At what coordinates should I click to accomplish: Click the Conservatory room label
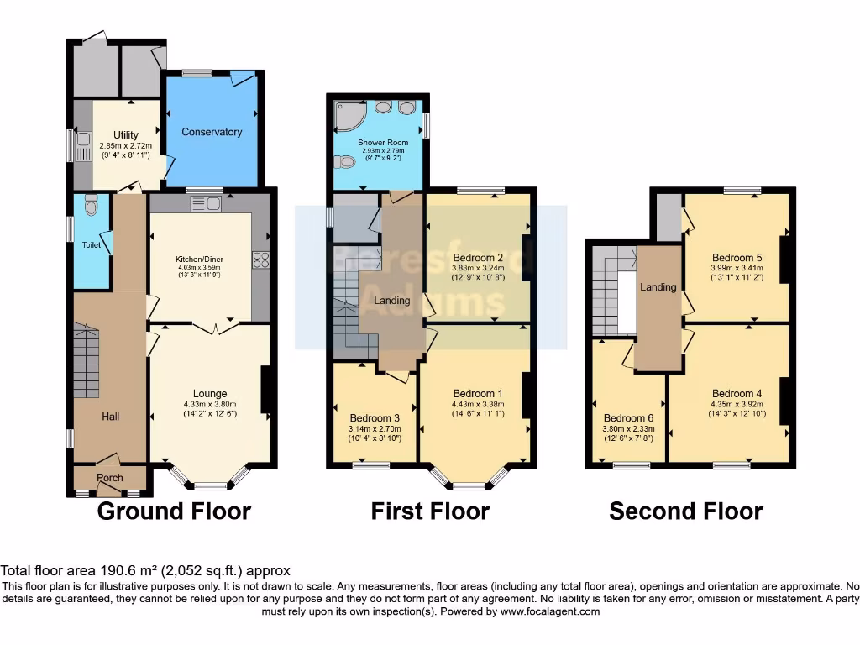pos(212,132)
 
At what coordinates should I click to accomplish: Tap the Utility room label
pos(125,134)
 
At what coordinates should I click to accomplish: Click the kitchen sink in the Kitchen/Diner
pos(206,202)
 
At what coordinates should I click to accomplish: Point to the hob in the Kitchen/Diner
pos(260,260)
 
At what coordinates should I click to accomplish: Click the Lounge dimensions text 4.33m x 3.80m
pos(210,403)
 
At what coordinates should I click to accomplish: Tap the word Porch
pos(109,478)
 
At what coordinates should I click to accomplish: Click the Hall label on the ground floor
pos(111,416)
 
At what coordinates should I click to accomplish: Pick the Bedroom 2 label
pos(477,257)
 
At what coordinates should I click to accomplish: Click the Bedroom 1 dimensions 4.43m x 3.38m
pos(477,403)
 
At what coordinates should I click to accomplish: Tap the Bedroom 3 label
pos(375,418)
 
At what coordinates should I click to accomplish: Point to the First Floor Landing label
pos(391,301)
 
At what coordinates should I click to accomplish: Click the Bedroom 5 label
pos(737,258)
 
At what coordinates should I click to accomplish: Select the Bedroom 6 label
pos(627,418)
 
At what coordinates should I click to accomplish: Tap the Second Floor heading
pos(685,511)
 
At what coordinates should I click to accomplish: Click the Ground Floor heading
pos(174,511)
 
